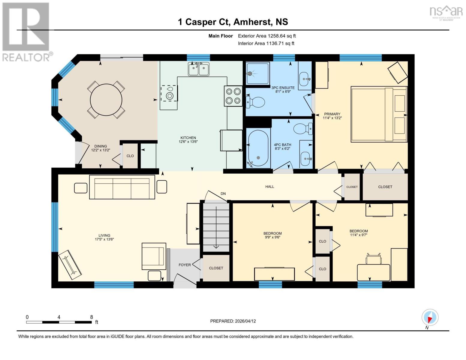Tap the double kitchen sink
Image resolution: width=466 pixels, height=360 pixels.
(x=199, y=69)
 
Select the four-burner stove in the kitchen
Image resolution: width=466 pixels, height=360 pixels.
(x=233, y=96)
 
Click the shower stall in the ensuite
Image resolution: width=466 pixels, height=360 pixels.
(x=257, y=73)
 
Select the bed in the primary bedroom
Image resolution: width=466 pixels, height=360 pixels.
(x=379, y=114)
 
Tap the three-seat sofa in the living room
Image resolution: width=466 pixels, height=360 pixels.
(x=122, y=187)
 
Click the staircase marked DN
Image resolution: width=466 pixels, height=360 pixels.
(x=216, y=226)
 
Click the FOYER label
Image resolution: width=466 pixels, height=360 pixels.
(x=185, y=265)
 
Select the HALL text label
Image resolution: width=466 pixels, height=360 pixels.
(x=269, y=187)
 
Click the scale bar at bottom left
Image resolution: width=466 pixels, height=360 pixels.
(x=59, y=322)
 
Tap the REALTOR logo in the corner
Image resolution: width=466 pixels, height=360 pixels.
(x=26, y=31)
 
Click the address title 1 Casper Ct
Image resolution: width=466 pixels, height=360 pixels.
(x=233, y=22)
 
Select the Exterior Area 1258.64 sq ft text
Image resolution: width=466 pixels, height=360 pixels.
(x=267, y=36)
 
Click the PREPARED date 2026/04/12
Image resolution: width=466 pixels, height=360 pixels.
(x=233, y=321)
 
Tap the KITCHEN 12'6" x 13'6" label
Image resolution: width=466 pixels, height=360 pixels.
(x=188, y=140)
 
